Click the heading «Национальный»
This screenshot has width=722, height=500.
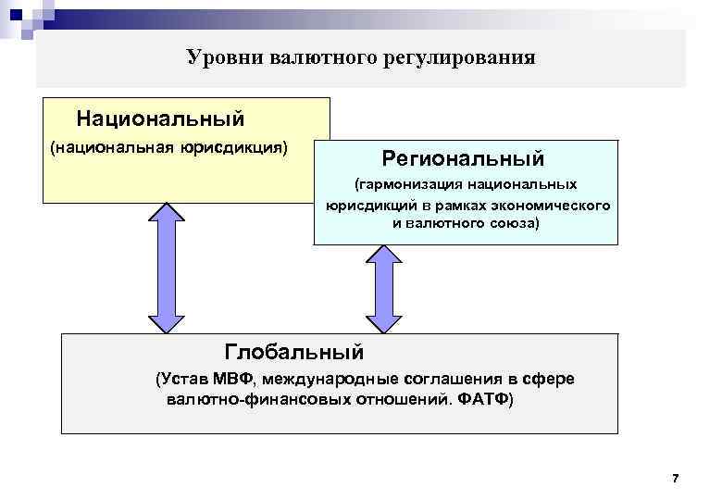click(x=160, y=119)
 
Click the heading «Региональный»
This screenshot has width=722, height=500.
click(x=464, y=158)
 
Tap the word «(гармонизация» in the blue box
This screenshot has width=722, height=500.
click(x=408, y=186)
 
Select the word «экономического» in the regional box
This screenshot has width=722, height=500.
click(x=557, y=206)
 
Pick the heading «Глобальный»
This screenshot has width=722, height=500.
click(x=294, y=352)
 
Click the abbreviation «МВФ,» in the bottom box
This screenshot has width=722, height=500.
click(x=233, y=381)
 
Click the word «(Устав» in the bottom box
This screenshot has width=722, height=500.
click(x=181, y=381)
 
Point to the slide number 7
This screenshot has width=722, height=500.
click(x=675, y=478)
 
